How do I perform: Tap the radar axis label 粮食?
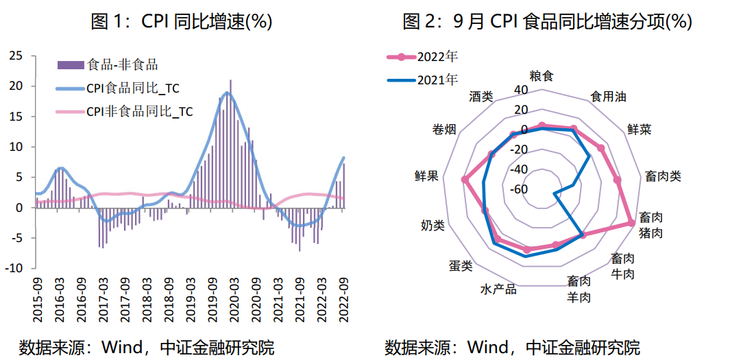click(542, 75)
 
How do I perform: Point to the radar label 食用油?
click(608, 97)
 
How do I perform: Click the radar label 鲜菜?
click(640, 129)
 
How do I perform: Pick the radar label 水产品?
click(498, 289)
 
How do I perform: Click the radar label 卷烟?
click(445, 130)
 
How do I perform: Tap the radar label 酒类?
click(481, 97)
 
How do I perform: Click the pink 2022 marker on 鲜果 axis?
click(465, 180)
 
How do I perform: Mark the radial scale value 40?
click(522, 90)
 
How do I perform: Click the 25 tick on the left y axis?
click(15, 56)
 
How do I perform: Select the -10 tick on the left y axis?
click(13, 268)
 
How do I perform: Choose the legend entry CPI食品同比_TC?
click(133, 88)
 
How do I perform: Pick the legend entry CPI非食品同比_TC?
click(139, 111)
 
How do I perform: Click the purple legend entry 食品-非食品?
click(123, 65)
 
